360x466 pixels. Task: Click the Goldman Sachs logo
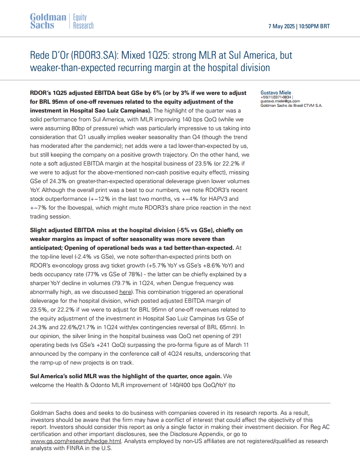(48, 21)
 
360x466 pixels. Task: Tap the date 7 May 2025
(281, 26)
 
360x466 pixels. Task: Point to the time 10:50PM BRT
(314, 26)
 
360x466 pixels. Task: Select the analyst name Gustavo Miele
(276, 93)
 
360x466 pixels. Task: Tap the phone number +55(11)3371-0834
(276, 97)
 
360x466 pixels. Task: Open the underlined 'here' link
(125, 292)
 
